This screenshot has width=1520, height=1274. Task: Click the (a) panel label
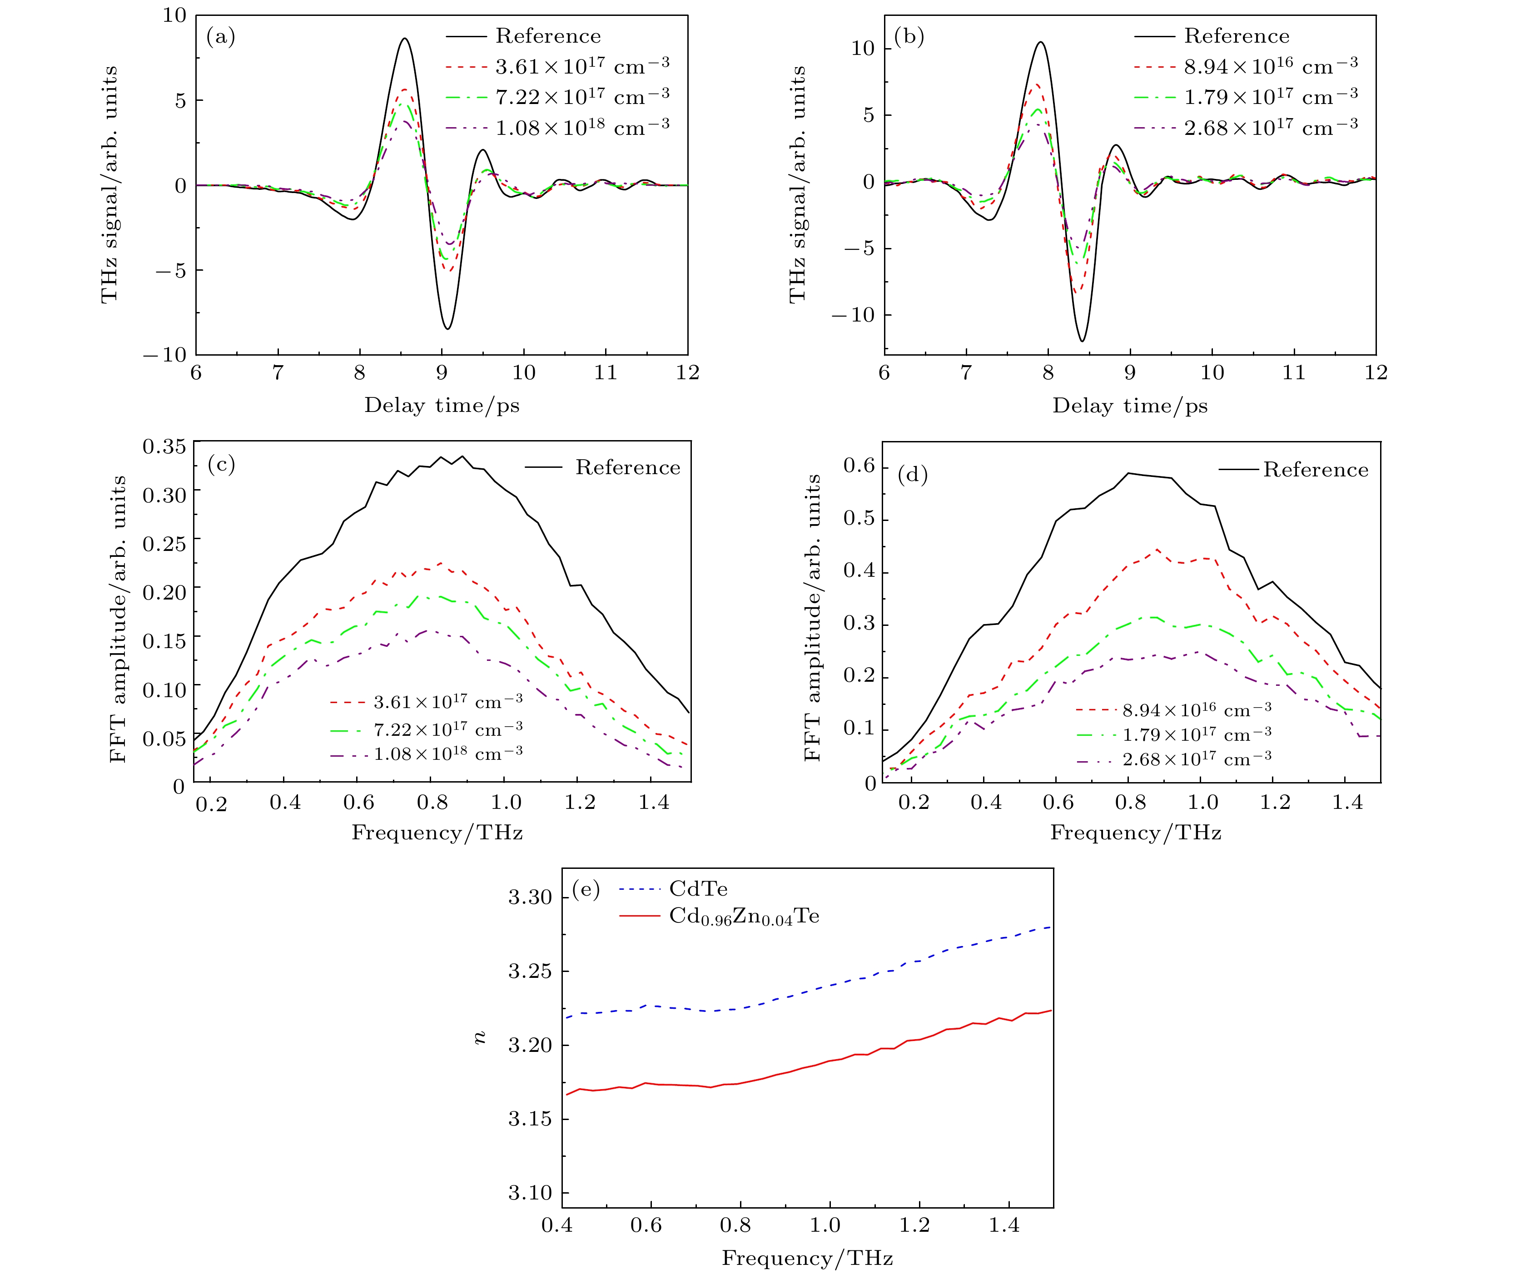tap(221, 36)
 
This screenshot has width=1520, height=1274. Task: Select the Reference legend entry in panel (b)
tap(1236, 36)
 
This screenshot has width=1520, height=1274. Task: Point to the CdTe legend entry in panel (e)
tap(698, 889)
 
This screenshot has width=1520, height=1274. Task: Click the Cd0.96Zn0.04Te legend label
tap(744, 917)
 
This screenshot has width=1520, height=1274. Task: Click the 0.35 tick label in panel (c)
tap(164, 446)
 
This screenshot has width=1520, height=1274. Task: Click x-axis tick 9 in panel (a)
tap(442, 373)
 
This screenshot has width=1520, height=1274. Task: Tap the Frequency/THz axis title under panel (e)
tap(807, 1258)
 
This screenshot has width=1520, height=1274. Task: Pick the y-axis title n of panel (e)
tap(479, 1038)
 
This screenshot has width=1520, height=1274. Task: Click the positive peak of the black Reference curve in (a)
tap(405, 39)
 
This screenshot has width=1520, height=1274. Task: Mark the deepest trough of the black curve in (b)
tap(1082, 340)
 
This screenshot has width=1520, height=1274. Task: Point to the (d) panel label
tap(912, 475)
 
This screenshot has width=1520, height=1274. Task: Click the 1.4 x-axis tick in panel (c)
tap(654, 802)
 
